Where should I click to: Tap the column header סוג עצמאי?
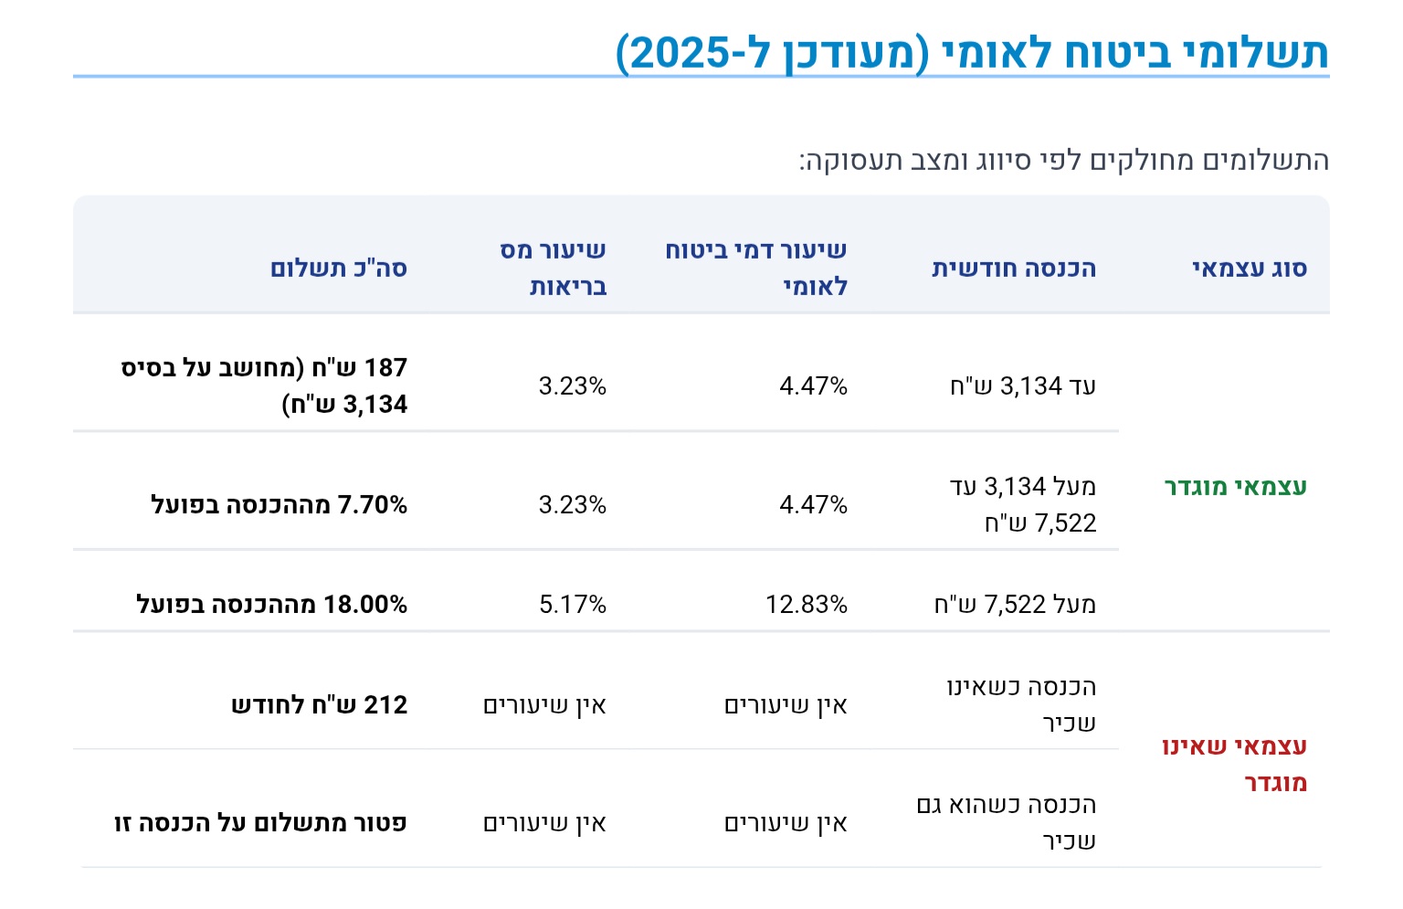[x=1249, y=268]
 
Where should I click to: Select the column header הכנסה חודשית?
[x=1013, y=268]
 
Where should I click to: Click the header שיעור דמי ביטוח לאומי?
[x=756, y=268]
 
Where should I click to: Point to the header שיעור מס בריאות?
[x=554, y=268]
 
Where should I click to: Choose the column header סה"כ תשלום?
[x=338, y=268]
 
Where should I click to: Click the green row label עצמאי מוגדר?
[x=1235, y=486]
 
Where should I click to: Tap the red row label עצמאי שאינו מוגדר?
[x=1235, y=764]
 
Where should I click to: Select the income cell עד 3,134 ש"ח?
[x=1022, y=386]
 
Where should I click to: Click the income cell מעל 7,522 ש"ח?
[x=1014, y=604]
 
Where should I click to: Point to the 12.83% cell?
[x=806, y=604]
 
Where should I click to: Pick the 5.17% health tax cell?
[x=573, y=604]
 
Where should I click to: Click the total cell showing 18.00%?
[x=271, y=604]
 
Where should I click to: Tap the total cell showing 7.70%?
[x=279, y=504]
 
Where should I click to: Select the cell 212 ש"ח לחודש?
[x=319, y=704]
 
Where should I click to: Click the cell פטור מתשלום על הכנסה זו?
[x=260, y=822]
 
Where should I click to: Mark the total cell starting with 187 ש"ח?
[x=264, y=386]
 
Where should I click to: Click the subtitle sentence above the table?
[x=1063, y=161]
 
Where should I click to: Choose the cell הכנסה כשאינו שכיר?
[x=1021, y=704]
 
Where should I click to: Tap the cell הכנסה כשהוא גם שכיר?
[x=1007, y=822]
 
